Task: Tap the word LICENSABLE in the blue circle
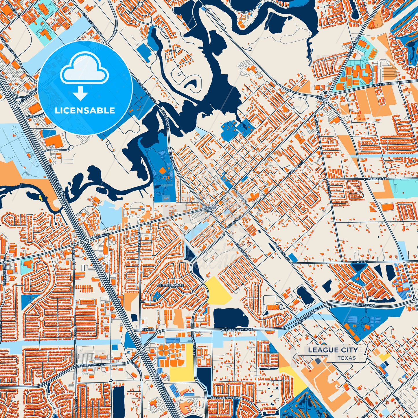coord(85,111)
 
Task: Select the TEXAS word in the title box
coord(346,358)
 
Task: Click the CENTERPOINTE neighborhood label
coord(170,285)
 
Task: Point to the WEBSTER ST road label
coord(377,179)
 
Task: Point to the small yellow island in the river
coord(40,198)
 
